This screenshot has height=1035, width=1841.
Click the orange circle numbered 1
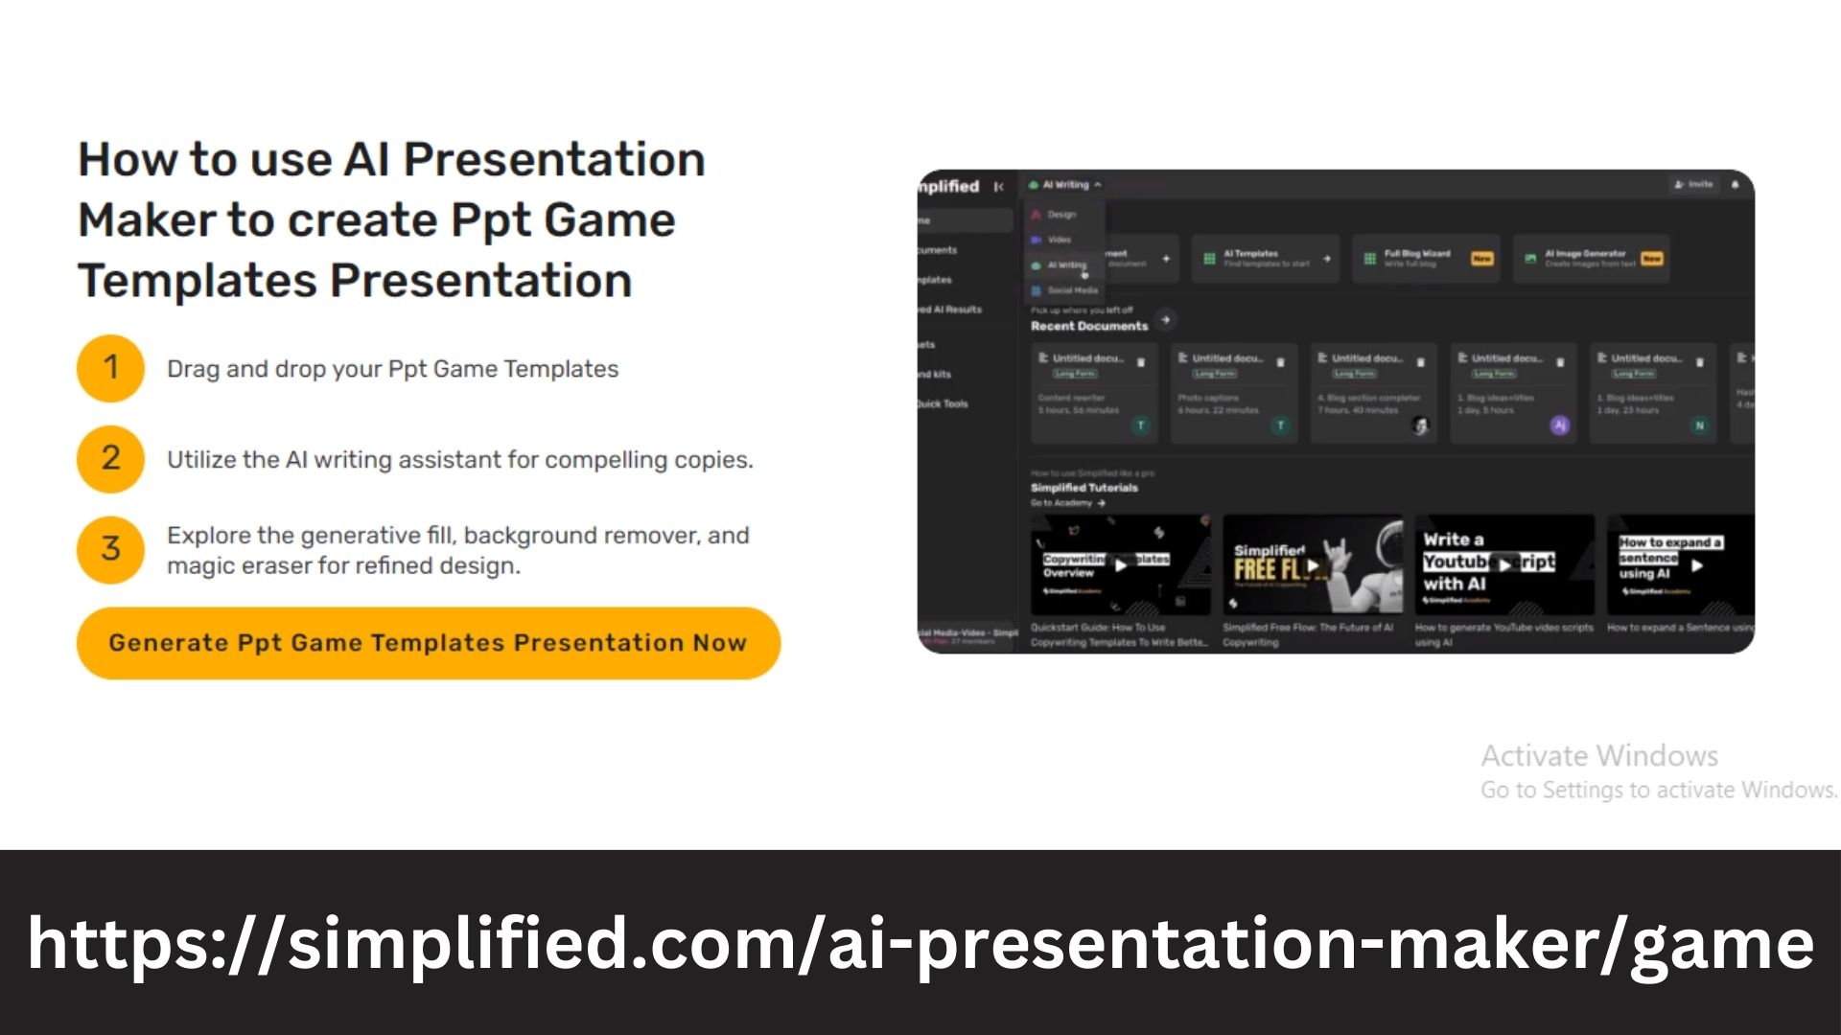110,368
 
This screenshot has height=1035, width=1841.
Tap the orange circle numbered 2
110,459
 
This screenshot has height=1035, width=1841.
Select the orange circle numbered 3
110,549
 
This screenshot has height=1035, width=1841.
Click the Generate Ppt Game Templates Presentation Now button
428,643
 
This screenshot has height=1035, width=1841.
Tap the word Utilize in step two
202,460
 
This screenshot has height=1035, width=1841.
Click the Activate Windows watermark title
1598,756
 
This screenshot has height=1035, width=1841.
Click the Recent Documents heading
1089,326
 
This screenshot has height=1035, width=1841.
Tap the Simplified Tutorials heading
1084,488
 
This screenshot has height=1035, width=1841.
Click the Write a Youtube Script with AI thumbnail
1503,564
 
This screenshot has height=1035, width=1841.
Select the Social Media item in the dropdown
1071,290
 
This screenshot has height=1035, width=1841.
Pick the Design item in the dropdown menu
1060,215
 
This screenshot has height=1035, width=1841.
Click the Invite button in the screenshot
1693,184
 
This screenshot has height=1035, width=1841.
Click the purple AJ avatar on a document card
1560,425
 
